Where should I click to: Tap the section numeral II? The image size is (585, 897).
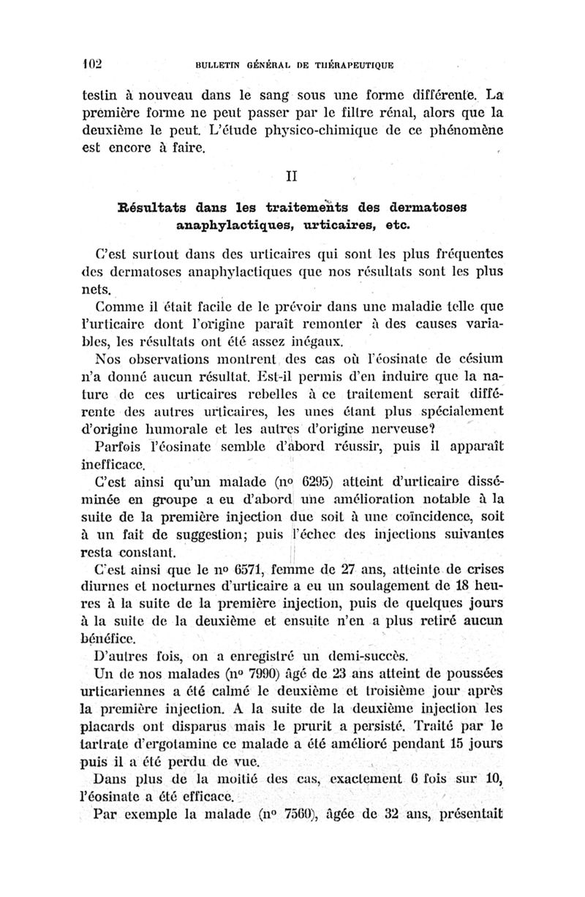(292, 175)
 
